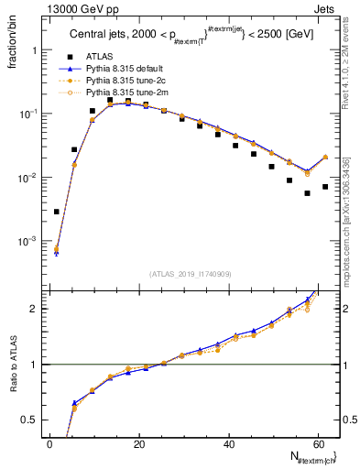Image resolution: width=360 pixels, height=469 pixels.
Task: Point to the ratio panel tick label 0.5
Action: pos(33,420)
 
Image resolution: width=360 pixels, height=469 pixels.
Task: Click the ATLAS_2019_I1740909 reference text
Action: pos(190,274)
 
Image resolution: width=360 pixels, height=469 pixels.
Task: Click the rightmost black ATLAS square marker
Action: pos(325,187)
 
